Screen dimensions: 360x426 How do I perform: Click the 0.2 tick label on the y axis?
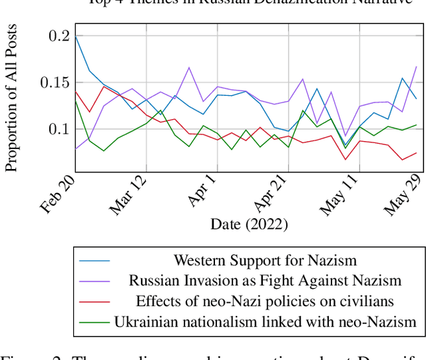pos(59,36)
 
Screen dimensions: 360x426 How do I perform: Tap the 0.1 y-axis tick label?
pos(59,128)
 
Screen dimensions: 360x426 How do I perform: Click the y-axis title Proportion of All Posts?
pos(12,99)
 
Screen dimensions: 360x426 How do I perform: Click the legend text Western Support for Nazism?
pos(265,260)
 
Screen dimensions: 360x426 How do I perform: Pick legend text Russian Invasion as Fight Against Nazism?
pos(265,281)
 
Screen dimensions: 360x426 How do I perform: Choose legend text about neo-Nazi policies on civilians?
pos(265,301)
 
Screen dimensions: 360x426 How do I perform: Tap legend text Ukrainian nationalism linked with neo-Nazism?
pos(265,322)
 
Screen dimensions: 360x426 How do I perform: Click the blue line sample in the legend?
pos(95,260)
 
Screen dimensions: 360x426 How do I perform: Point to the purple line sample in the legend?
pos(95,281)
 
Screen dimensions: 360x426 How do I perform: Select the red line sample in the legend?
pos(95,301)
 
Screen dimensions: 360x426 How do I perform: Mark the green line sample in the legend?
pos(95,322)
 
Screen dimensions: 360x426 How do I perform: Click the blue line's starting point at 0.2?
pos(76,36)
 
